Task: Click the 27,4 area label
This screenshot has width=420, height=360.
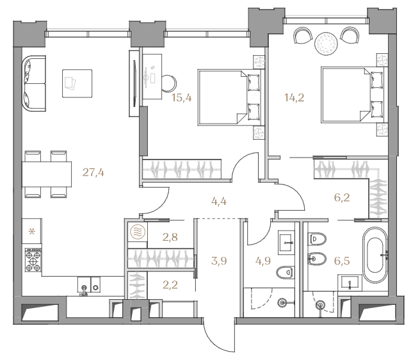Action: coord(93,172)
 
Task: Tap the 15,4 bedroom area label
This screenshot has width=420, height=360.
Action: coord(182,97)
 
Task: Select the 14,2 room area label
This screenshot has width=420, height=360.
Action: coord(295,97)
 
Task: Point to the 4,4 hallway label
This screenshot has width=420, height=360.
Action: coord(219,201)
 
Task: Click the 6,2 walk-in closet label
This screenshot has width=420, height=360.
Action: coord(342,198)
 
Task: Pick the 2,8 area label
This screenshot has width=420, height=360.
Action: coord(170,237)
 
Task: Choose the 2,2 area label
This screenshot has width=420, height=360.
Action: coord(170,284)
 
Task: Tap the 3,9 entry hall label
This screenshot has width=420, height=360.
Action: coord(219,260)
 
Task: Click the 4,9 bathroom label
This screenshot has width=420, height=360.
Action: coord(262,260)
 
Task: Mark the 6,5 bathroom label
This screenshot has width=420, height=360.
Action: coord(342,260)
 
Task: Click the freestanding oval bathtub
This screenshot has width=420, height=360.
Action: coord(375,255)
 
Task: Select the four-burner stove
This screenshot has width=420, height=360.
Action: coord(33,259)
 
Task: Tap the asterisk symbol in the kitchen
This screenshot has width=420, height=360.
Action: coord(32,231)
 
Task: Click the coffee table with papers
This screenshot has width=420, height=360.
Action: coord(77,83)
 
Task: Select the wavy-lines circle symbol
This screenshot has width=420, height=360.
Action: coord(138,232)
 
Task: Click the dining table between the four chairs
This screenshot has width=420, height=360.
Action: coord(47,174)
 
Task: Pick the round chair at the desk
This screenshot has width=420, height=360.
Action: coord(170,83)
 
